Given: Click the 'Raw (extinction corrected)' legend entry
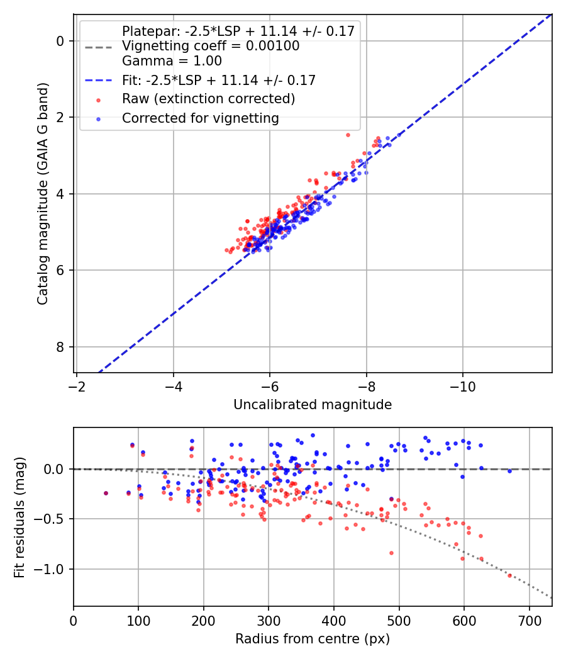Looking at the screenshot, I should [x=208, y=99].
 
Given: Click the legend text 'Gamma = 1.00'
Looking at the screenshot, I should [x=172, y=61].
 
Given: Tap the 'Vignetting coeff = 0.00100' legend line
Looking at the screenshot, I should [x=211, y=46].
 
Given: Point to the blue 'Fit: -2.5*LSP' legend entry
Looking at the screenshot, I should [x=218, y=80].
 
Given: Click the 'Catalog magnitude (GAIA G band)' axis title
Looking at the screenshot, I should [x=43, y=204].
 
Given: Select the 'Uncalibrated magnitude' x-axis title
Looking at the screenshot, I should [x=313, y=405].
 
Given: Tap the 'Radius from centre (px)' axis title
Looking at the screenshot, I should [x=313, y=639].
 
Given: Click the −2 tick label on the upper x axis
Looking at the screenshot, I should [x=77, y=385].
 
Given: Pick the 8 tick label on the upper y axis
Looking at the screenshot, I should [x=60, y=347].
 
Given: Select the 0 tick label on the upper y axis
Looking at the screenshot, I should [x=60, y=41].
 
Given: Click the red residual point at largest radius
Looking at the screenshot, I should [x=509, y=575].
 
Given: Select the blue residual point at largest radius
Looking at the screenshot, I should [x=509, y=471].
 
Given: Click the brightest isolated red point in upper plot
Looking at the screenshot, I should [x=348, y=135].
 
